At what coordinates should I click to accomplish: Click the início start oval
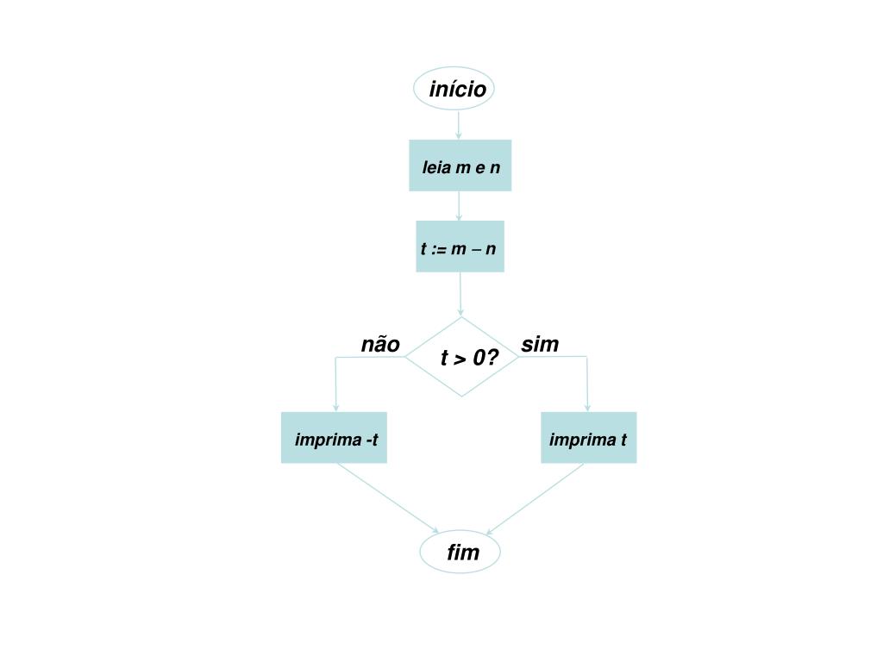[x=454, y=89]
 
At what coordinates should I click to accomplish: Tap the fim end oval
[x=460, y=553]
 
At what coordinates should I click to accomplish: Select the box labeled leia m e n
[x=460, y=165]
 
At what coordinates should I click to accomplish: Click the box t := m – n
[x=460, y=248]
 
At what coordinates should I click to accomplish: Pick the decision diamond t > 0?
[x=461, y=357]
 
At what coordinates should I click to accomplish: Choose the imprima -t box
[x=334, y=438]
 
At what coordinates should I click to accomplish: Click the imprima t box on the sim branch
[x=588, y=438]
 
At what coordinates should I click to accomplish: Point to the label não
[x=380, y=345]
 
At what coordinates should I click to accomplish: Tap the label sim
[x=540, y=345]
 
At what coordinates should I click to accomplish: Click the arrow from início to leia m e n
[x=458, y=123]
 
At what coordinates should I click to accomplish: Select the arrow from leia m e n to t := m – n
[x=459, y=205]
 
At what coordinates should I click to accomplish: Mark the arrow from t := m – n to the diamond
[x=460, y=293]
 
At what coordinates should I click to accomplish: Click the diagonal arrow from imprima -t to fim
[x=388, y=500]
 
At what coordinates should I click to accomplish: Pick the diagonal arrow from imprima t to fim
[x=535, y=500]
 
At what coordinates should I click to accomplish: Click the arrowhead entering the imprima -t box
[x=335, y=408]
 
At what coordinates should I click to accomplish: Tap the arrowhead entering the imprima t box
[x=588, y=408]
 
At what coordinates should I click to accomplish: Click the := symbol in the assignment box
[x=439, y=249]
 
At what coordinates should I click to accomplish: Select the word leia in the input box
[x=436, y=167]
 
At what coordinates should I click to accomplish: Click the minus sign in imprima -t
[x=368, y=440]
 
